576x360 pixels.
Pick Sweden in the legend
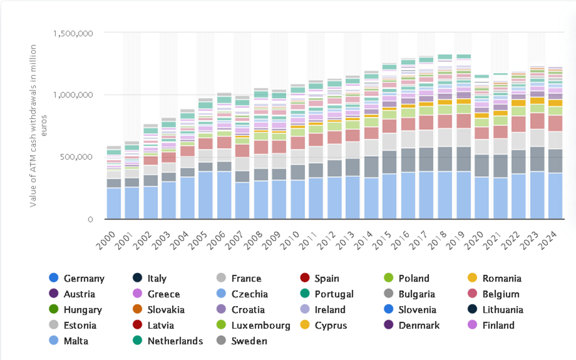click(249, 341)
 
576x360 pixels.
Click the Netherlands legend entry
click(175, 341)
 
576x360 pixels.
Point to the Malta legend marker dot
click(54, 341)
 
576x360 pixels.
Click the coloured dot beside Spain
click(304, 278)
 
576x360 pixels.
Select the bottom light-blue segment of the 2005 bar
click(205, 195)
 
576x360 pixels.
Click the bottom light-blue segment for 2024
click(555, 196)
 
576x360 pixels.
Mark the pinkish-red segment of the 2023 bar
click(537, 121)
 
